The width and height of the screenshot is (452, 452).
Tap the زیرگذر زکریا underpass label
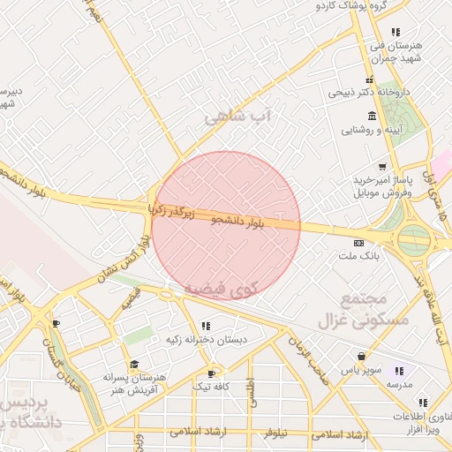[169, 210]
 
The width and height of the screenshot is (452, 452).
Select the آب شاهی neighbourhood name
[239, 117]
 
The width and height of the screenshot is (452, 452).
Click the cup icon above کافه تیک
[211, 373]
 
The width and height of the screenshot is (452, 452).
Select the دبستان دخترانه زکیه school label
[206, 339]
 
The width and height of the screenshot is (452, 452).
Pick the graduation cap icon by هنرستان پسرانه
[134, 364]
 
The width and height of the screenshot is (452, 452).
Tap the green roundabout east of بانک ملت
[413, 237]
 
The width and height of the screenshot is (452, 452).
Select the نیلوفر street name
[276, 433]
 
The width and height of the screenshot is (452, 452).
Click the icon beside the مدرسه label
[398, 371]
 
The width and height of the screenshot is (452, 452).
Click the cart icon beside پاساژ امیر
[381, 166]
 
